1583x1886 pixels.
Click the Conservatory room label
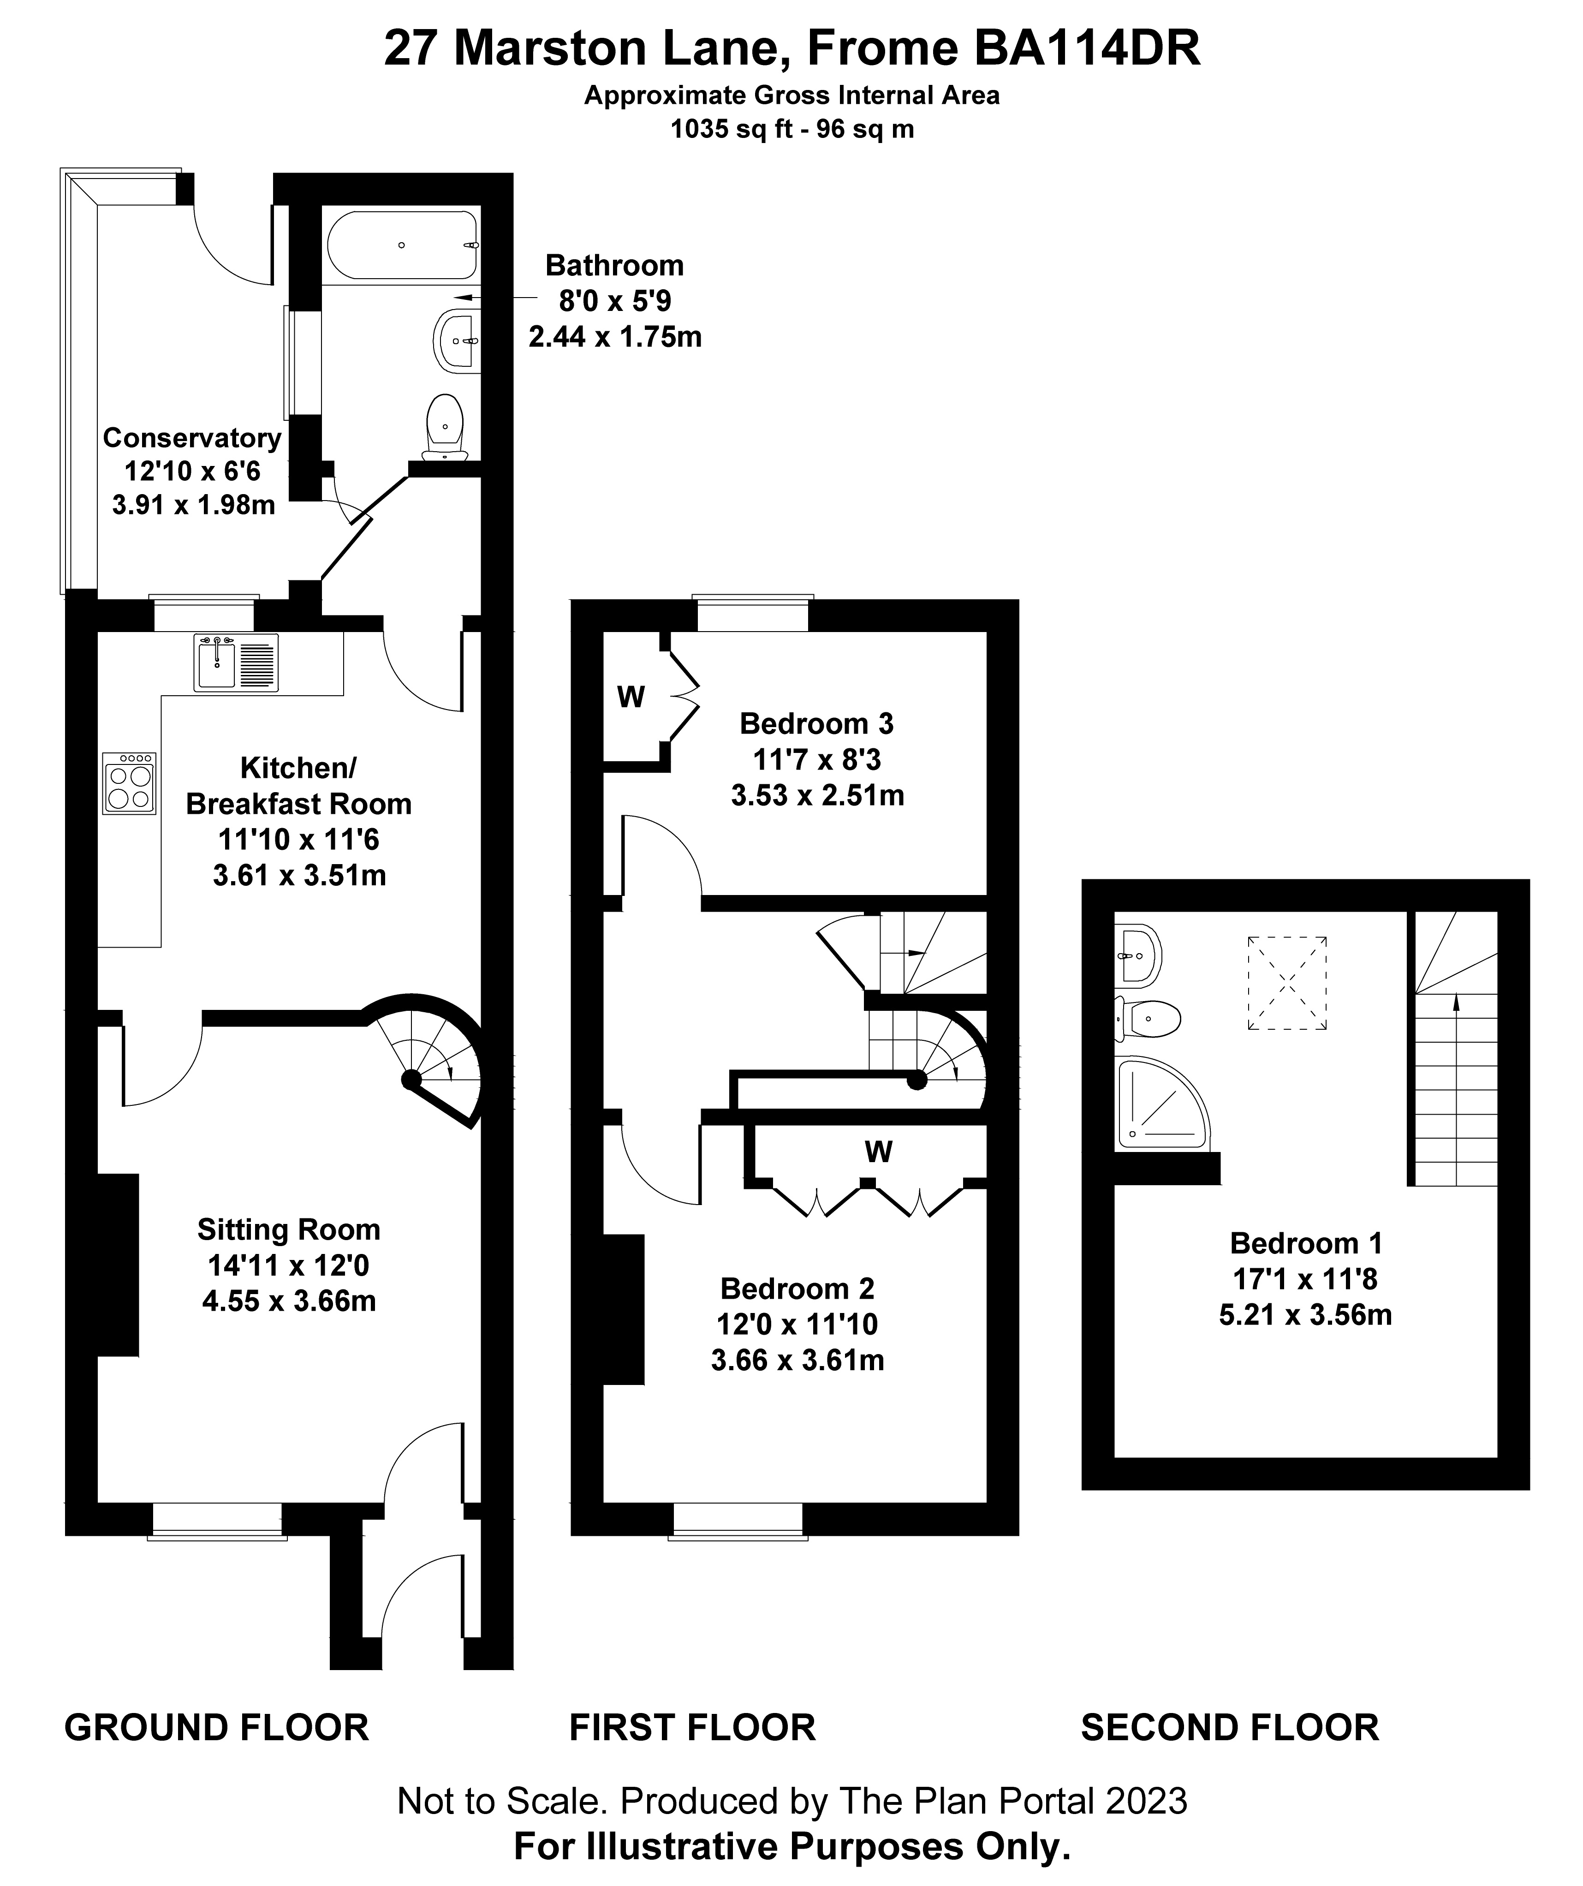tap(192, 438)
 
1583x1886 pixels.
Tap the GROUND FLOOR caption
tap(216, 1727)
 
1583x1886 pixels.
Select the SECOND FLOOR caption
tap(1229, 1727)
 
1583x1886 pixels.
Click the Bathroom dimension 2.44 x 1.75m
tap(615, 337)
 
